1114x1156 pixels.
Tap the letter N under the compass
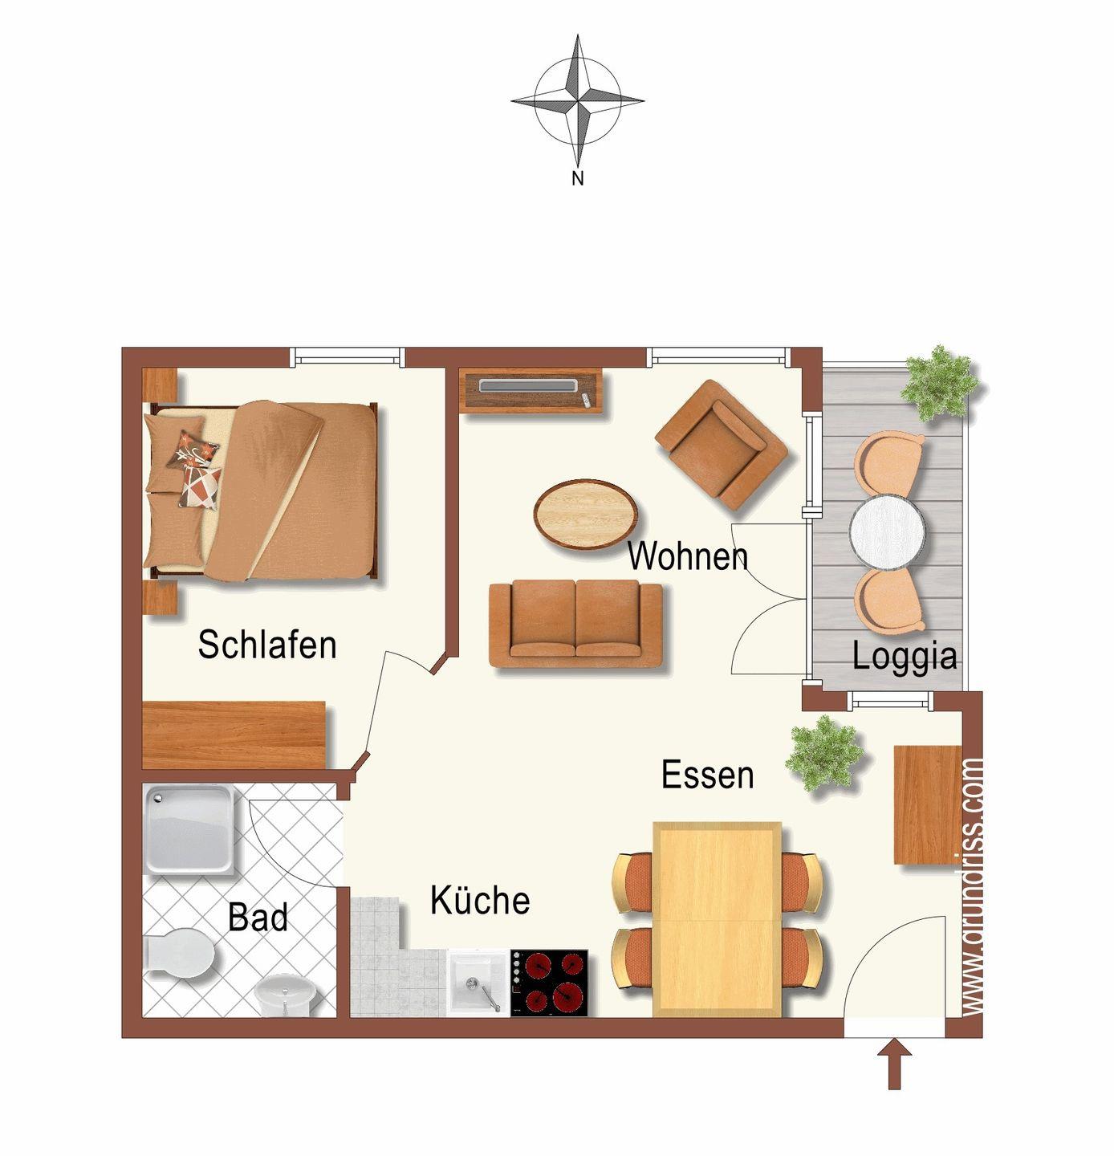point(577,178)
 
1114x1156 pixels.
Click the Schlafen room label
point(267,645)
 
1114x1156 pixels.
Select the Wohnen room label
point(688,556)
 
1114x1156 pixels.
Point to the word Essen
point(708,775)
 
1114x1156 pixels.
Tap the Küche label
point(480,900)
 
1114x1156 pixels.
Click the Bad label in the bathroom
point(258,917)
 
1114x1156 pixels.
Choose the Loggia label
point(905,657)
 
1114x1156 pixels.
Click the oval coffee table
point(586,514)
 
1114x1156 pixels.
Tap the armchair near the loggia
point(721,445)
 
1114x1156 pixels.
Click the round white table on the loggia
point(887,532)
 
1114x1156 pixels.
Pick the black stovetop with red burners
point(549,983)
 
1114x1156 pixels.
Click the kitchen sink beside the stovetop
point(478,983)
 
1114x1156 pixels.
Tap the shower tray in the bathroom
point(189,829)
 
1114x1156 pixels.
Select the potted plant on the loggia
point(939,383)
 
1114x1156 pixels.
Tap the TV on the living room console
point(528,385)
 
